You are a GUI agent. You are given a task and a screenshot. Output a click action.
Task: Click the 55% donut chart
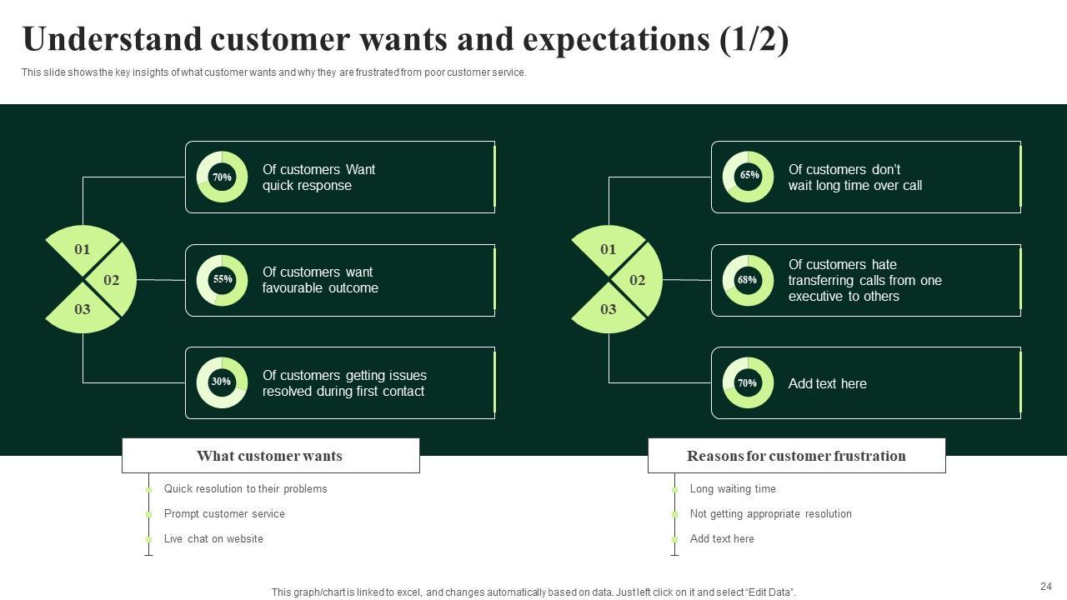tap(222, 280)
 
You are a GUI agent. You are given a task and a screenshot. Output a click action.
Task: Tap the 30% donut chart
tap(222, 382)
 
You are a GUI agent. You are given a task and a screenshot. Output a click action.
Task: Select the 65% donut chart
tap(748, 177)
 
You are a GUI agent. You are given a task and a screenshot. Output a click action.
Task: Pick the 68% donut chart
tap(748, 280)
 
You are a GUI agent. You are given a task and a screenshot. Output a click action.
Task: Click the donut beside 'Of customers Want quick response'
tap(222, 177)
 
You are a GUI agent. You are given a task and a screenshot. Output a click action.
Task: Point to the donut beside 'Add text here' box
tap(748, 383)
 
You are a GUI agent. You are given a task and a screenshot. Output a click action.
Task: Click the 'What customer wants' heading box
tap(270, 456)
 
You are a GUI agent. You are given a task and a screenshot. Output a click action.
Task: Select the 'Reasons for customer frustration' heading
tap(796, 456)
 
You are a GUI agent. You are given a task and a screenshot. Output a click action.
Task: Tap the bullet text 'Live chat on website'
tap(213, 539)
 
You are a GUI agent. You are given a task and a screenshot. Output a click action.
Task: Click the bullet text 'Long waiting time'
tap(733, 489)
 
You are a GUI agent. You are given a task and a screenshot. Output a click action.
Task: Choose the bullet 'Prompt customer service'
tap(224, 514)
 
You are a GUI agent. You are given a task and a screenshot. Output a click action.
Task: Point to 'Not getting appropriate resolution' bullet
tap(770, 514)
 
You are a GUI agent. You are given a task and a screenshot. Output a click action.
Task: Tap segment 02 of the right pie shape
tap(639, 280)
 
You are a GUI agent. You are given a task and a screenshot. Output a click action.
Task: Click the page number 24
tap(1046, 587)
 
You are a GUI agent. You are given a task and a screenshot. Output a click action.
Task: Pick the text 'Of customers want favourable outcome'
tap(320, 280)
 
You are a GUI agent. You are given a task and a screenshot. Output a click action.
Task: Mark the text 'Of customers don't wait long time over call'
tap(854, 177)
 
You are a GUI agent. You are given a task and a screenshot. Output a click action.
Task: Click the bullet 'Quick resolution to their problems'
tap(245, 489)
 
